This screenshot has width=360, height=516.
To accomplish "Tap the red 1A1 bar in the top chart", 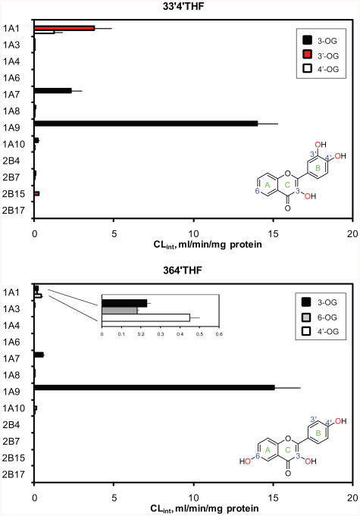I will click(64, 28).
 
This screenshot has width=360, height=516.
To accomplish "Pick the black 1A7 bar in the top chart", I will click(53, 91).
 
